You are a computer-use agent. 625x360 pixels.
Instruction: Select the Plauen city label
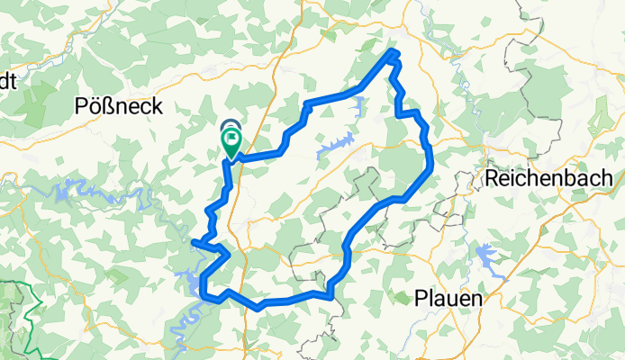click(448, 297)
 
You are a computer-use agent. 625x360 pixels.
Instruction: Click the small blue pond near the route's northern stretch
click(360, 106)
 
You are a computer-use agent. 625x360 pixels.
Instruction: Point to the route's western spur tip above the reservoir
click(194, 240)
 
